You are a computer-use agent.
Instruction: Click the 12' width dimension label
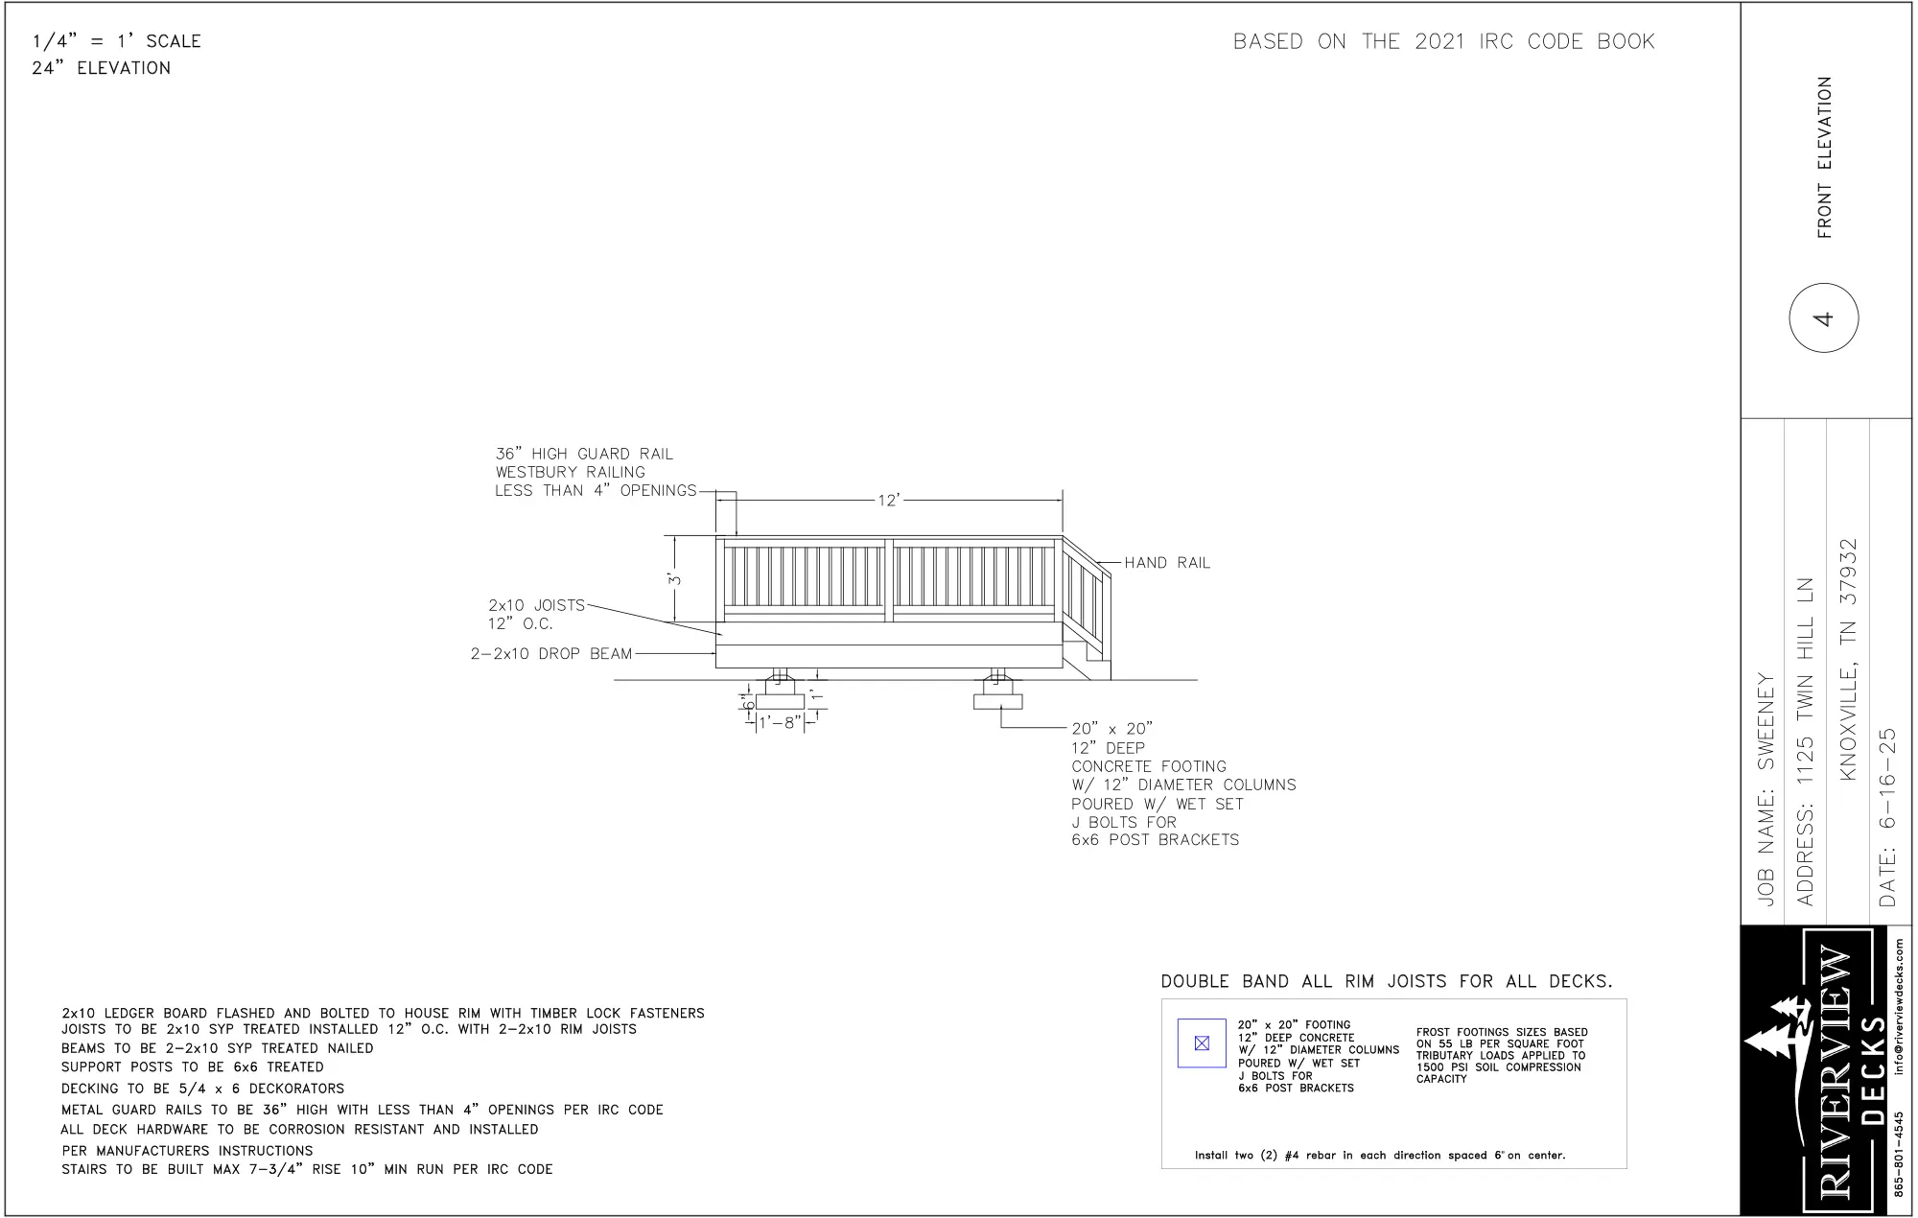click(889, 501)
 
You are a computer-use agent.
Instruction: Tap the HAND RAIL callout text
click(1167, 563)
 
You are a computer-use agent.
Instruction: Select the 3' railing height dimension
click(675, 579)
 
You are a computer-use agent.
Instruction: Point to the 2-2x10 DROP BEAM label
click(551, 654)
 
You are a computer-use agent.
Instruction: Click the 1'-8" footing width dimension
click(780, 722)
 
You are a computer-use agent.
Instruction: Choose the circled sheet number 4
click(1823, 317)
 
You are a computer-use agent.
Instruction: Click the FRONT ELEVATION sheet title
click(1824, 157)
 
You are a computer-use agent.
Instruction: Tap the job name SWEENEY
click(1766, 721)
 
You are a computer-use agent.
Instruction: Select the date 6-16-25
click(1887, 778)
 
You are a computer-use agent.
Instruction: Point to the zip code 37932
click(1848, 572)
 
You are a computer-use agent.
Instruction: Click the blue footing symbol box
click(1202, 1043)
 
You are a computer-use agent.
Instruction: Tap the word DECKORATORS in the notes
click(296, 1089)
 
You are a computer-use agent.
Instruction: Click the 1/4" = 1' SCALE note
click(116, 41)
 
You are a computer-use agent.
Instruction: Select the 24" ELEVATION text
click(102, 68)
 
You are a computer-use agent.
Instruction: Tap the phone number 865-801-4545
click(1899, 1154)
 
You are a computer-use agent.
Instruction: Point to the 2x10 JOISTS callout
click(536, 614)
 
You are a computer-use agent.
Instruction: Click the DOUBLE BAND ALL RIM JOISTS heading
click(1387, 981)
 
